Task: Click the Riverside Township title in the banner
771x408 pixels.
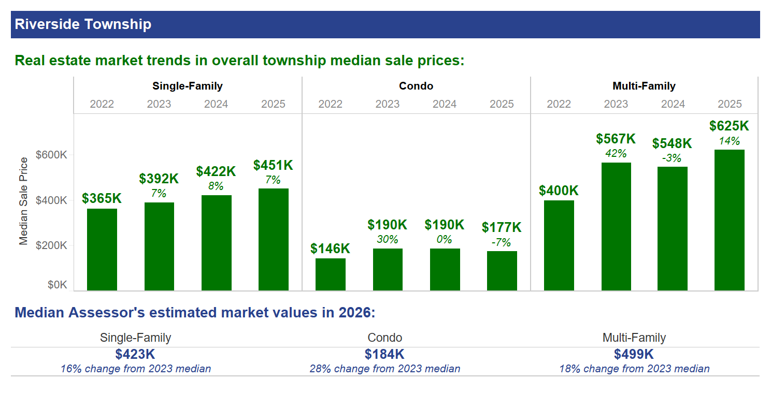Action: pos(83,24)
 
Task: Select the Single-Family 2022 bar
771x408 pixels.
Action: pos(102,250)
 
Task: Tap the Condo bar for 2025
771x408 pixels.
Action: pos(502,271)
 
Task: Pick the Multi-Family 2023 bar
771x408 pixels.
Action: pos(616,227)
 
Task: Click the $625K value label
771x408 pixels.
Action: pos(729,126)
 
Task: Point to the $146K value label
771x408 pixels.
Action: pos(330,249)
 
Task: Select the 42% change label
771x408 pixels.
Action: pos(616,153)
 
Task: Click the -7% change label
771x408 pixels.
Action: pos(502,242)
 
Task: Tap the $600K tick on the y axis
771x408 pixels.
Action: pos(51,155)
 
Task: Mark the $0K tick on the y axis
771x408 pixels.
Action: pos(57,285)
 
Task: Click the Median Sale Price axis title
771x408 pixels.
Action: pos(23,200)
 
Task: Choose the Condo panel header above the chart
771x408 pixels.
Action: pos(416,86)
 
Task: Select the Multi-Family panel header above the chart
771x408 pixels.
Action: pos(644,86)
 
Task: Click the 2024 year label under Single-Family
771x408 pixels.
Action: pos(216,104)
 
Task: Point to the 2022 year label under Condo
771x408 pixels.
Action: pos(330,104)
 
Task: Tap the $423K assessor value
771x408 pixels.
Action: pos(135,355)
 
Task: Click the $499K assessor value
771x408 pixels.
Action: pos(634,355)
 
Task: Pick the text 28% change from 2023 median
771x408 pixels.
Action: pos(385,369)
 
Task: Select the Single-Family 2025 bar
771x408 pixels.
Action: pos(273,239)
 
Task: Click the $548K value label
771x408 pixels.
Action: pos(672,143)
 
